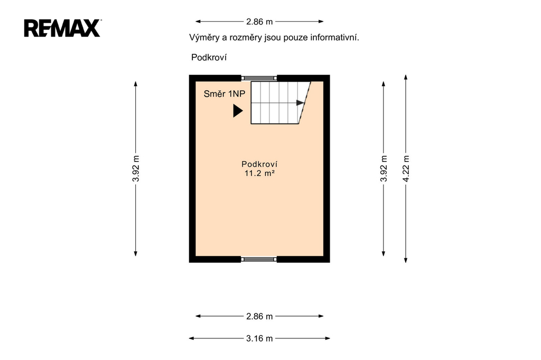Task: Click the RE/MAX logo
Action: click(62, 28)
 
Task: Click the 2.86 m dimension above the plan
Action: click(259, 22)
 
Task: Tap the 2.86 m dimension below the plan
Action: click(259, 316)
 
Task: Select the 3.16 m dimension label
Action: click(259, 338)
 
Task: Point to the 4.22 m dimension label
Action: click(406, 168)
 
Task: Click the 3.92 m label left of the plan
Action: click(136, 168)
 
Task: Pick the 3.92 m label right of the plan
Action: click(384, 168)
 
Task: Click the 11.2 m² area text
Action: click(259, 173)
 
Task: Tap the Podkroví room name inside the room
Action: click(259, 164)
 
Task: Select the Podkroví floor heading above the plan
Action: click(209, 57)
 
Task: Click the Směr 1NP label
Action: click(224, 94)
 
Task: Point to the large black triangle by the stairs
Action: click(238, 111)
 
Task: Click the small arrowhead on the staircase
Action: click(300, 103)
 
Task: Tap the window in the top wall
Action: click(259, 78)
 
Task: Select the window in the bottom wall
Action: click(259, 259)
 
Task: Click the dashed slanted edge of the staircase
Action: click(305, 103)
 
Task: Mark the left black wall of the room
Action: click(192, 168)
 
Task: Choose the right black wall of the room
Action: click(327, 168)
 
